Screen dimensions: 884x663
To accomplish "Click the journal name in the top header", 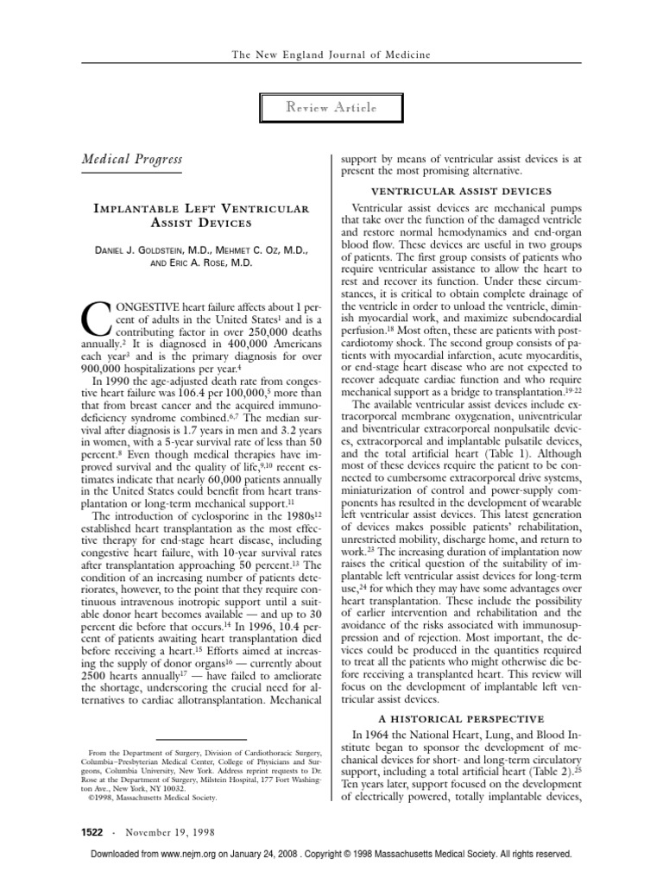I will (x=331, y=54).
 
